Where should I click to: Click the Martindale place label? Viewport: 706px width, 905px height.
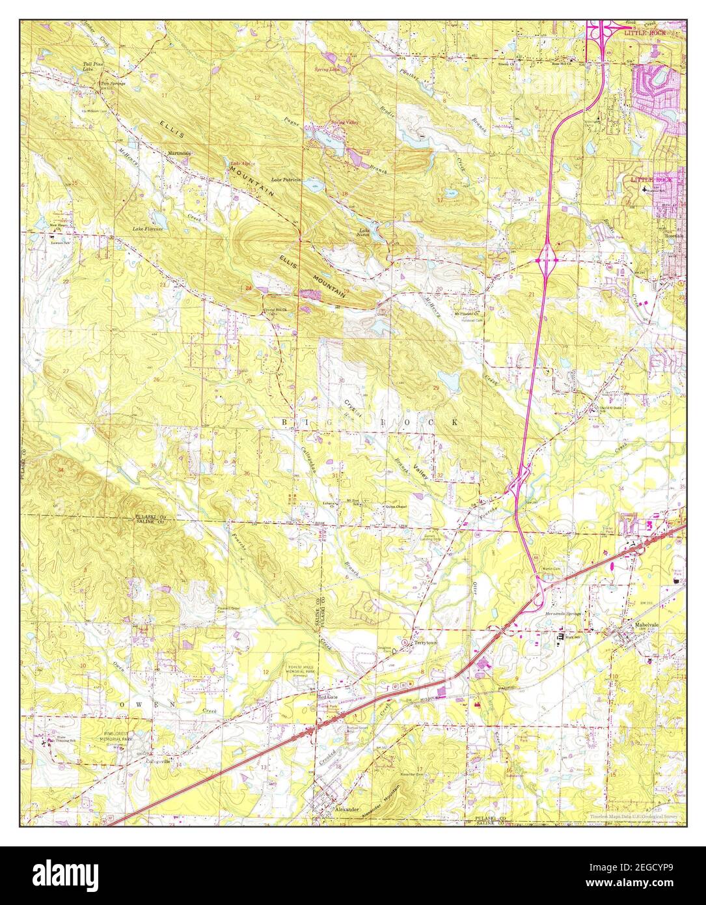tap(180, 153)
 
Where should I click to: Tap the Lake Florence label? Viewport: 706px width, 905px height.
tap(148, 229)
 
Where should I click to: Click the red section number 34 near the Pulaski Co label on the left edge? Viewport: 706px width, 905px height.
tap(61, 469)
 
